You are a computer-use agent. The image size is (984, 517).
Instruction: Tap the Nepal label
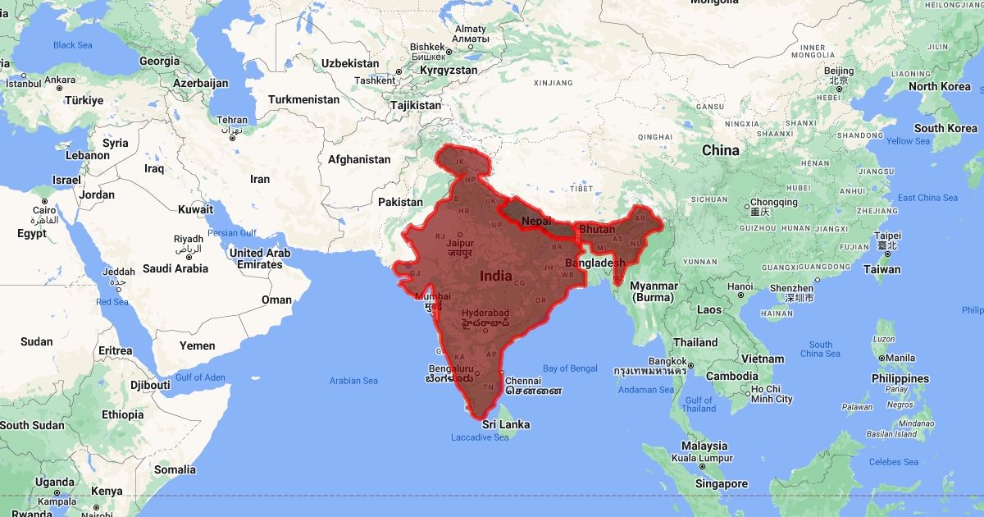pyautogui.click(x=535, y=221)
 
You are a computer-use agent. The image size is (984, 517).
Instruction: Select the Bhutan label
pyautogui.click(x=597, y=228)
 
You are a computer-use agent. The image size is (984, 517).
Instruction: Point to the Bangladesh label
pyautogui.click(x=594, y=263)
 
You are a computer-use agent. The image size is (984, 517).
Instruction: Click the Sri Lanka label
pyautogui.click(x=505, y=424)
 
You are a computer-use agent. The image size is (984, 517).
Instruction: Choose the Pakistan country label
pyautogui.click(x=400, y=202)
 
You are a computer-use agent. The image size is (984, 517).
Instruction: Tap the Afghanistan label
pyautogui.click(x=359, y=159)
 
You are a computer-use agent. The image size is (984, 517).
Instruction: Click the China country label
pyautogui.click(x=720, y=150)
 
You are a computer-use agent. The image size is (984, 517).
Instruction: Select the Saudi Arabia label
pyautogui.click(x=175, y=268)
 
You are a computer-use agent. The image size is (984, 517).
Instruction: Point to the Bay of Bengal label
pyautogui.click(x=570, y=368)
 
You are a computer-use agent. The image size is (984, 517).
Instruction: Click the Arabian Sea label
pyautogui.click(x=353, y=381)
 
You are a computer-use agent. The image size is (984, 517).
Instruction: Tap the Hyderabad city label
pyautogui.click(x=485, y=313)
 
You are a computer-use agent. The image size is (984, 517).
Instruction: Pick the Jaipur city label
pyautogui.click(x=460, y=243)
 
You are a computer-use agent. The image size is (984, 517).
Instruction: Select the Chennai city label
pyautogui.click(x=523, y=381)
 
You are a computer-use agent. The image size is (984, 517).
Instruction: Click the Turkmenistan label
pyautogui.click(x=303, y=99)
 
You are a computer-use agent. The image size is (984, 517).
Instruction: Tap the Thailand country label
pyautogui.click(x=695, y=342)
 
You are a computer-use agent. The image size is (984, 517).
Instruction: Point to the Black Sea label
pyautogui.click(x=73, y=45)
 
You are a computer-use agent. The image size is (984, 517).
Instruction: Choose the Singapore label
pyautogui.click(x=721, y=483)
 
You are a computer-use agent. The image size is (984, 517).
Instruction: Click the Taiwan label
pyautogui.click(x=882, y=269)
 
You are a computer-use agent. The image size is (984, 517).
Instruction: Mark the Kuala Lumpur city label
pyautogui.click(x=702, y=458)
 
